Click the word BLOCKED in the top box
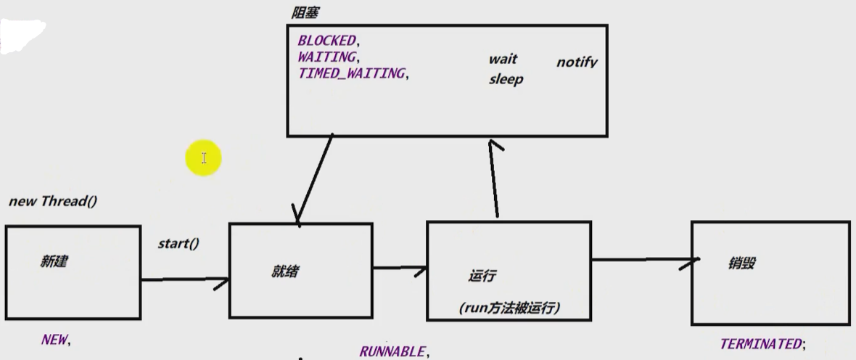[x=326, y=41]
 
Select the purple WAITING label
[x=326, y=57]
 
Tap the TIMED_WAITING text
[x=351, y=73]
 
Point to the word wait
[x=503, y=60]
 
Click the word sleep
[x=506, y=79]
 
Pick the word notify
[x=577, y=62]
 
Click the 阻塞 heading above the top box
[x=303, y=13]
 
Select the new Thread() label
[x=52, y=201]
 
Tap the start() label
[x=178, y=243]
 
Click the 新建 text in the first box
[x=53, y=261]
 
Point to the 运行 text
[x=482, y=276]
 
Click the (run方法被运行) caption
[x=509, y=308]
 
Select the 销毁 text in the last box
[x=741, y=263]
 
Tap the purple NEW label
[x=54, y=339]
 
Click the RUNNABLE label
[x=392, y=351]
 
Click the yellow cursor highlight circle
[x=203, y=158]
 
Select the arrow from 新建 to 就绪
[x=185, y=279]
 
